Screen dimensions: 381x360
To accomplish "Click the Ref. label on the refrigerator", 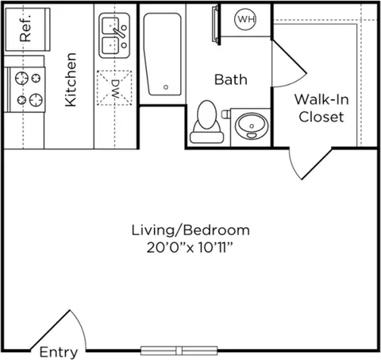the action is [x=25, y=28].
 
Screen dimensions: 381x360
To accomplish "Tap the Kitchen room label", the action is [x=71, y=79].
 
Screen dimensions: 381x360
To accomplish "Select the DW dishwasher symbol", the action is [x=114, y=88].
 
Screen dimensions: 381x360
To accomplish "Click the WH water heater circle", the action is [x=245, y=19].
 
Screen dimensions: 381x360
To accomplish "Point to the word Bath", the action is [x=231, y=79].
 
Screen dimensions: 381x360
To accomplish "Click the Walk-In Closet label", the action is [x=321, y=108].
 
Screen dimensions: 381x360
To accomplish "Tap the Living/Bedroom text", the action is [x=190, y=230].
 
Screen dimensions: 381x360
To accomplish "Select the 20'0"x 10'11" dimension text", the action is [x=190, y=248].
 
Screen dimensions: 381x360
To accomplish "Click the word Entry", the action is [x=59, y=352].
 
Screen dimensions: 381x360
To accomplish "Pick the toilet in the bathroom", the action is [x=207, y=122].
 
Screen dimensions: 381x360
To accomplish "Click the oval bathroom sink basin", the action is [x=252, y=126].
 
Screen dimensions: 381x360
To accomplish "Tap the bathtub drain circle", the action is [x=166, y=87].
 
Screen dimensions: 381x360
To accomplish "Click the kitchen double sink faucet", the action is [x=119, y=33].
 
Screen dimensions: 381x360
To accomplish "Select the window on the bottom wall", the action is [x=179, y=350].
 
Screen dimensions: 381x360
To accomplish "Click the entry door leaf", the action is [x=50, y=330].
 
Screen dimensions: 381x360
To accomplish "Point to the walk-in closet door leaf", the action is [x=317, y=165].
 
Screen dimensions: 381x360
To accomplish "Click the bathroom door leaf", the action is [x=290, y=56].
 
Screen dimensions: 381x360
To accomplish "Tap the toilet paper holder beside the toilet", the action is [x=225, y=114].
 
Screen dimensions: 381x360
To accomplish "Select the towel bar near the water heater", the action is [x=215, y=25].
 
